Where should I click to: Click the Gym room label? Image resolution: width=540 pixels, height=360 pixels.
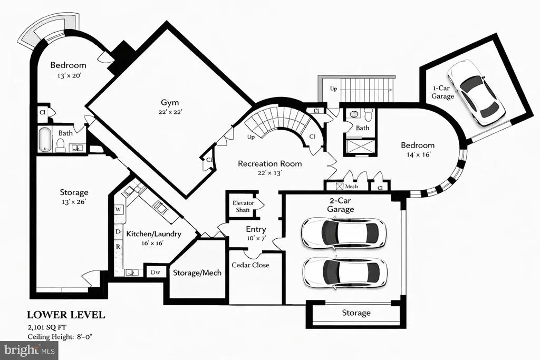coord(170,103)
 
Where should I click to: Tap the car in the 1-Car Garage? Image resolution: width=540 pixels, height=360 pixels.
coord(476,92)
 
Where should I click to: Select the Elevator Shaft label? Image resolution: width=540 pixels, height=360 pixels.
coord(243,206)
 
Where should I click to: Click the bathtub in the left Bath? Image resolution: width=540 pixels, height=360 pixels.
coord(44,139)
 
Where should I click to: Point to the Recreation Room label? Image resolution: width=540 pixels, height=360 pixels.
coord(269,163)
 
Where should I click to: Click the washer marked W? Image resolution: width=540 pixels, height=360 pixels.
coord(118,209)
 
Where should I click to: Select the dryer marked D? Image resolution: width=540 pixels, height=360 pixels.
coord(118,231)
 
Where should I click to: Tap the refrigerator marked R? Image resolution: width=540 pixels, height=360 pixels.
coord(118,247)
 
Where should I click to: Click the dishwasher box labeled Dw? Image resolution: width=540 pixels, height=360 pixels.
coord(156,272)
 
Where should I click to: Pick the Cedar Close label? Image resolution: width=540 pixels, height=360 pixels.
coord(250,265)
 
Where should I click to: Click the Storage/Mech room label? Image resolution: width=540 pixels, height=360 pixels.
coord(197,273)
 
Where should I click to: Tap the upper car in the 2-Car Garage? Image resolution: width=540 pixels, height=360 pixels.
coord(343,233)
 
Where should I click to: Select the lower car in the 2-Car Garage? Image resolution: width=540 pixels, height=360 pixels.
coord(345,272)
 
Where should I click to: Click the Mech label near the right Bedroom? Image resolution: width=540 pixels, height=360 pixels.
coord(351,187)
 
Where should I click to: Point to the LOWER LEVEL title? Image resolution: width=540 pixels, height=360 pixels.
coord(66,315)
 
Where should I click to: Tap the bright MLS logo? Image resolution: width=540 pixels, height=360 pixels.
coord(29,351)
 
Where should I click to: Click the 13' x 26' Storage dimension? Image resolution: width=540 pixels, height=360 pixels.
coord(73,202)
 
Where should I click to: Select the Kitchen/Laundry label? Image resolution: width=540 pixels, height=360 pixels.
coord(153,234)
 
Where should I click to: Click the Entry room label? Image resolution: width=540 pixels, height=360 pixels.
coord(256,229)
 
